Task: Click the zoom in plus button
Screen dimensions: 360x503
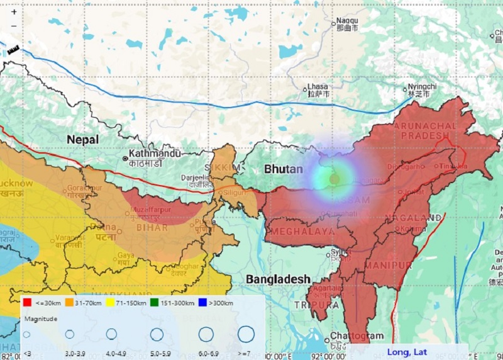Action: pyautogui.click(x=14, y=11)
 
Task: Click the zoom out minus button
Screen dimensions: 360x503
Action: pyautogui.click(x=14, y=26)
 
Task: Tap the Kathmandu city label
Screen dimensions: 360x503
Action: pyautogui.click(x=155, y=154)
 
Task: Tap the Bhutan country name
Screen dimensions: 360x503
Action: pyautogui.click(x=283, y=169)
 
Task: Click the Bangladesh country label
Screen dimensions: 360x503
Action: pyautogui.click(x=278, y=279)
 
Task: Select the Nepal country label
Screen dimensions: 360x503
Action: pyautogui.click(x=84, y=139)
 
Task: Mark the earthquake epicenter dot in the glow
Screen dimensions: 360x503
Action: pyautogui.click(x=334, y=179)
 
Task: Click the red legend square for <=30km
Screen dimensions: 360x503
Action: pyautogui.click(x=28, y=303)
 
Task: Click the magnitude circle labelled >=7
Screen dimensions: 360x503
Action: pyautogui.click(x=246, y=334)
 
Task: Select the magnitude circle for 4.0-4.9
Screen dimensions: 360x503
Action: pyautogui.click(x=111, y=334)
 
